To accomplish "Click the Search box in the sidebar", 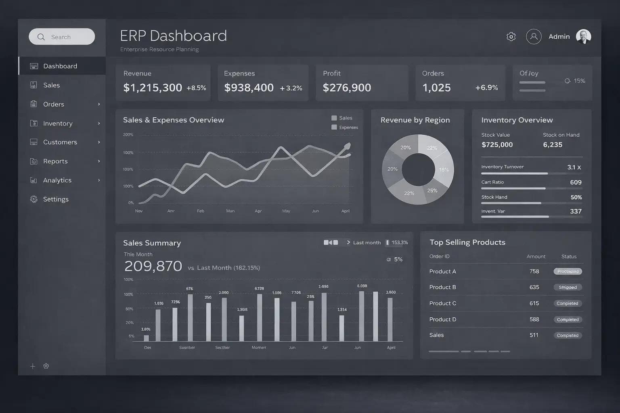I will point(62,37).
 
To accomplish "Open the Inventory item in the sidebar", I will point(58,123).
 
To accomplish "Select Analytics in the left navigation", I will point(57,180).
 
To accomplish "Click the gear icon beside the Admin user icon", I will point(511,37).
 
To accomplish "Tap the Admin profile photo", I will point(583,37).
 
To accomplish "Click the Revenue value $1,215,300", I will point(153,88).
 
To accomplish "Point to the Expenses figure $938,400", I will point(249,88).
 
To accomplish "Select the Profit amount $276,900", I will point(347,88).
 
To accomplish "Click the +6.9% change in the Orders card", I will point(486,88).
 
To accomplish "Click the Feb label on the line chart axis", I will point(200,211).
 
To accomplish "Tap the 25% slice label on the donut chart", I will point(432,190).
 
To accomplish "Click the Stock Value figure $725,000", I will point(497,145).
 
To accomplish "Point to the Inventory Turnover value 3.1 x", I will point(574,167).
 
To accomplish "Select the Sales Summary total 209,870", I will point(153,266).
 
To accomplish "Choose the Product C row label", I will point(443,303).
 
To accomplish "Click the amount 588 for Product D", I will point(534,319).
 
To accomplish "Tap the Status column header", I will point(569,257).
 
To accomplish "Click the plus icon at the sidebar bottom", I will point(33,366).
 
